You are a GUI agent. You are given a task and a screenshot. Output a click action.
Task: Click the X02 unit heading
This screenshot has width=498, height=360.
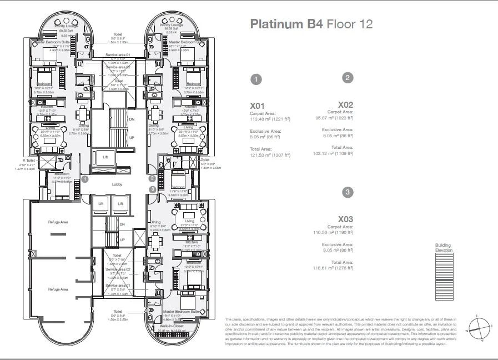[345, 104]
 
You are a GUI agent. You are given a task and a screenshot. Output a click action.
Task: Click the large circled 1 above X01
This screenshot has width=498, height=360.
[255, 79]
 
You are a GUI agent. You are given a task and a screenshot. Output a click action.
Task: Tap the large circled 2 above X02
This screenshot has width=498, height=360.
[348, 78]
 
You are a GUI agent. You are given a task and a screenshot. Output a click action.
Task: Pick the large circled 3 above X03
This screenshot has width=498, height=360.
[348, 193]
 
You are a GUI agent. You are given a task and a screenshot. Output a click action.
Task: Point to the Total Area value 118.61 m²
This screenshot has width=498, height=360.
[334, 268]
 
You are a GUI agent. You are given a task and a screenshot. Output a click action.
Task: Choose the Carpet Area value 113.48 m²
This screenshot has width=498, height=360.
[270, 118]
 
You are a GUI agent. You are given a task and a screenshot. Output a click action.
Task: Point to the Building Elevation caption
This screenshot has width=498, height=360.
[444, 248]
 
